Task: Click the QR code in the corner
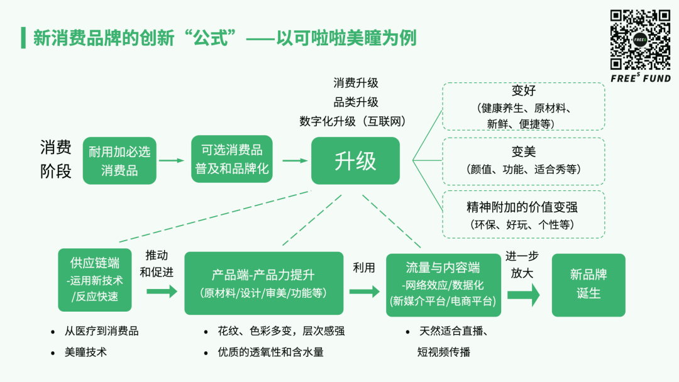pyautogui.click(x=641, y=40)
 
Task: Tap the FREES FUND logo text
pyautogui.click(x=641, y=79)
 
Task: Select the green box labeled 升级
pyautogui.click(x=355, y=161)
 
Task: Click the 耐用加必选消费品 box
pyautogui.click(x=119, y=161)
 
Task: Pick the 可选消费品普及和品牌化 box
pyautogui.click(x=232, y=159)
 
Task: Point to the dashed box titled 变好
pyautogui.click(x=523, y=106)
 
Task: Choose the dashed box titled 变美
pyautogui.click(x=523, y=161)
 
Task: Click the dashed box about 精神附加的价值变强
pyautogui.click(x=523, y=215)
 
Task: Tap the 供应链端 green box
pyautogui.click(x=95, y=280)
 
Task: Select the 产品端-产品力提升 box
pyautogui.click(x=263, y=283)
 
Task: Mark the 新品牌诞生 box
pyautogui.click(x=588, y=285)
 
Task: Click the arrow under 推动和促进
pyautogui.click(x=162, y=292)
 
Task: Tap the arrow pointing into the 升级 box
pyautogui.click(x=294, y=161)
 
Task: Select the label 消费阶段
pyautogui.click(x=56, y=160)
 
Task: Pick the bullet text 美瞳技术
pyautogui.click(x=86, y=352)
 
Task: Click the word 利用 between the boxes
pyautogui.click(x=364, y=268)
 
